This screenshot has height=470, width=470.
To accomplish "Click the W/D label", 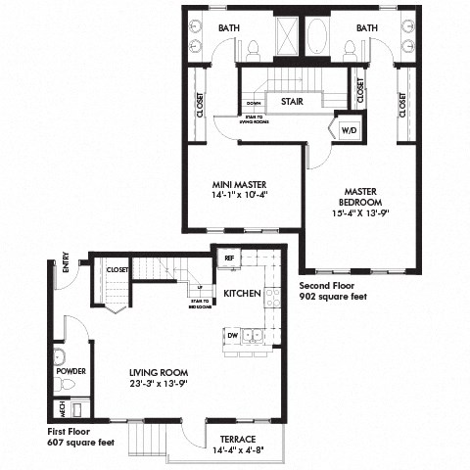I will [x=350, y=129].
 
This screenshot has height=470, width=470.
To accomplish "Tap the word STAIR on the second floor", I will [x=290, y=101].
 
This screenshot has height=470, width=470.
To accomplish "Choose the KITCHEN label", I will [x=241, y=293].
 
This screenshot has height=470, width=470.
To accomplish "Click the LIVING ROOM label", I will [x=158, y=373].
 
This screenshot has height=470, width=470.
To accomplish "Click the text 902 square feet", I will [x=333, y=295].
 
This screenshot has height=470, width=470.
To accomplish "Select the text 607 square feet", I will [x=81, y=443].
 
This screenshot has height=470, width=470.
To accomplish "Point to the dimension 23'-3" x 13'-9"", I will [x=158, y=385].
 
